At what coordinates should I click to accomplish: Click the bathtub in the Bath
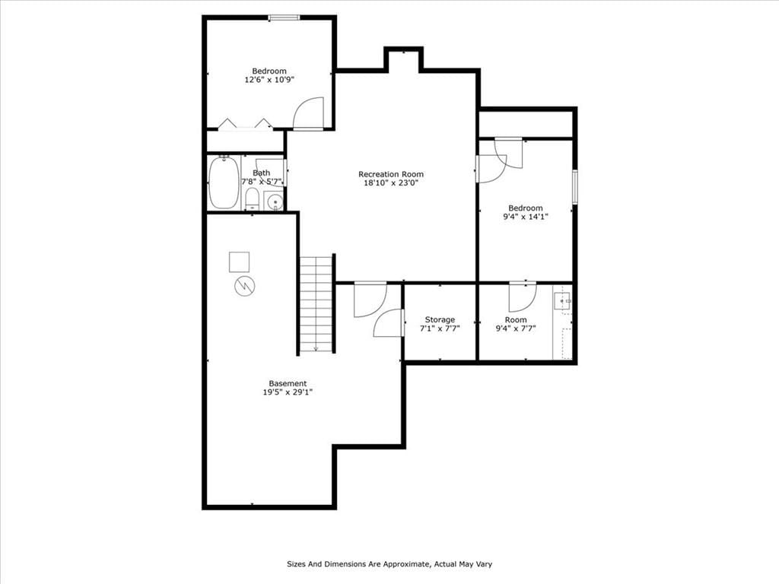(x=224, y=182)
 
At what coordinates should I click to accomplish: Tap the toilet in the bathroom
(x=253, y=198)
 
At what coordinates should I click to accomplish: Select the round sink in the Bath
(x=274, y=202)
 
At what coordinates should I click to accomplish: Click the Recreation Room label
(x=391, y=174)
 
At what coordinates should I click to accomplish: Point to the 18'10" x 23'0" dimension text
(x=391, y=182)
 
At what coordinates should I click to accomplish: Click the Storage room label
(x=440, y=320)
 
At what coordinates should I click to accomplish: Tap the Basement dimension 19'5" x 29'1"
(x=288, y=392)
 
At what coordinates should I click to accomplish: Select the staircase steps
(x=316, y=304)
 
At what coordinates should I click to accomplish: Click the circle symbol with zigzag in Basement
(x=245, y=286)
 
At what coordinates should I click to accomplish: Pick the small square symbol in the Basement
(x=239, y=262)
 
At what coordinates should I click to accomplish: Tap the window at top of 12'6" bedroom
(x=284, y=18)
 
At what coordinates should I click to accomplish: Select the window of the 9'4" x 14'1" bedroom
(x=575, y=187)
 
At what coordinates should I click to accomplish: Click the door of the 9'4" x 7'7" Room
(x=523, y=297)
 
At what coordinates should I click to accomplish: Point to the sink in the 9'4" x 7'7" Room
(x=562, y=301)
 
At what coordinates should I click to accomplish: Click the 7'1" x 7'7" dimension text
(x=440, y=328)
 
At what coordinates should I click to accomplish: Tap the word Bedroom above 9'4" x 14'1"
(x=526, y=208)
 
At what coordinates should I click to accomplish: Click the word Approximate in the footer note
(x=408, y=564)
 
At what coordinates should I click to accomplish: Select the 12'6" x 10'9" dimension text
(x=269, y=79)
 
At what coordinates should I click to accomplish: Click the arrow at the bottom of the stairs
(x=316, y=348)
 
